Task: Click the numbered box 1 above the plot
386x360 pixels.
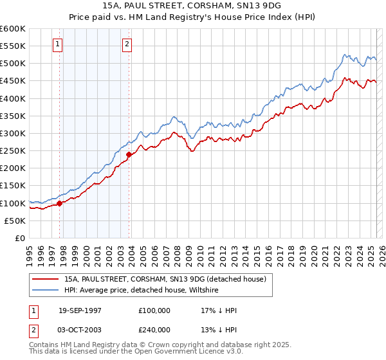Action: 58,44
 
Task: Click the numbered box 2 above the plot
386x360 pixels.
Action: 127,44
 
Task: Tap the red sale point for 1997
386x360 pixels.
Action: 60,203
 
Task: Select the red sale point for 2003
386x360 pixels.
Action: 129,154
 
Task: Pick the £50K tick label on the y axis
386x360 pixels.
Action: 15,221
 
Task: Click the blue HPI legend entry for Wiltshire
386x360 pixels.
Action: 142,290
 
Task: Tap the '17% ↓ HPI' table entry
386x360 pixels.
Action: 219,310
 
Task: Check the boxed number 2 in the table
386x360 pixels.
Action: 34,330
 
